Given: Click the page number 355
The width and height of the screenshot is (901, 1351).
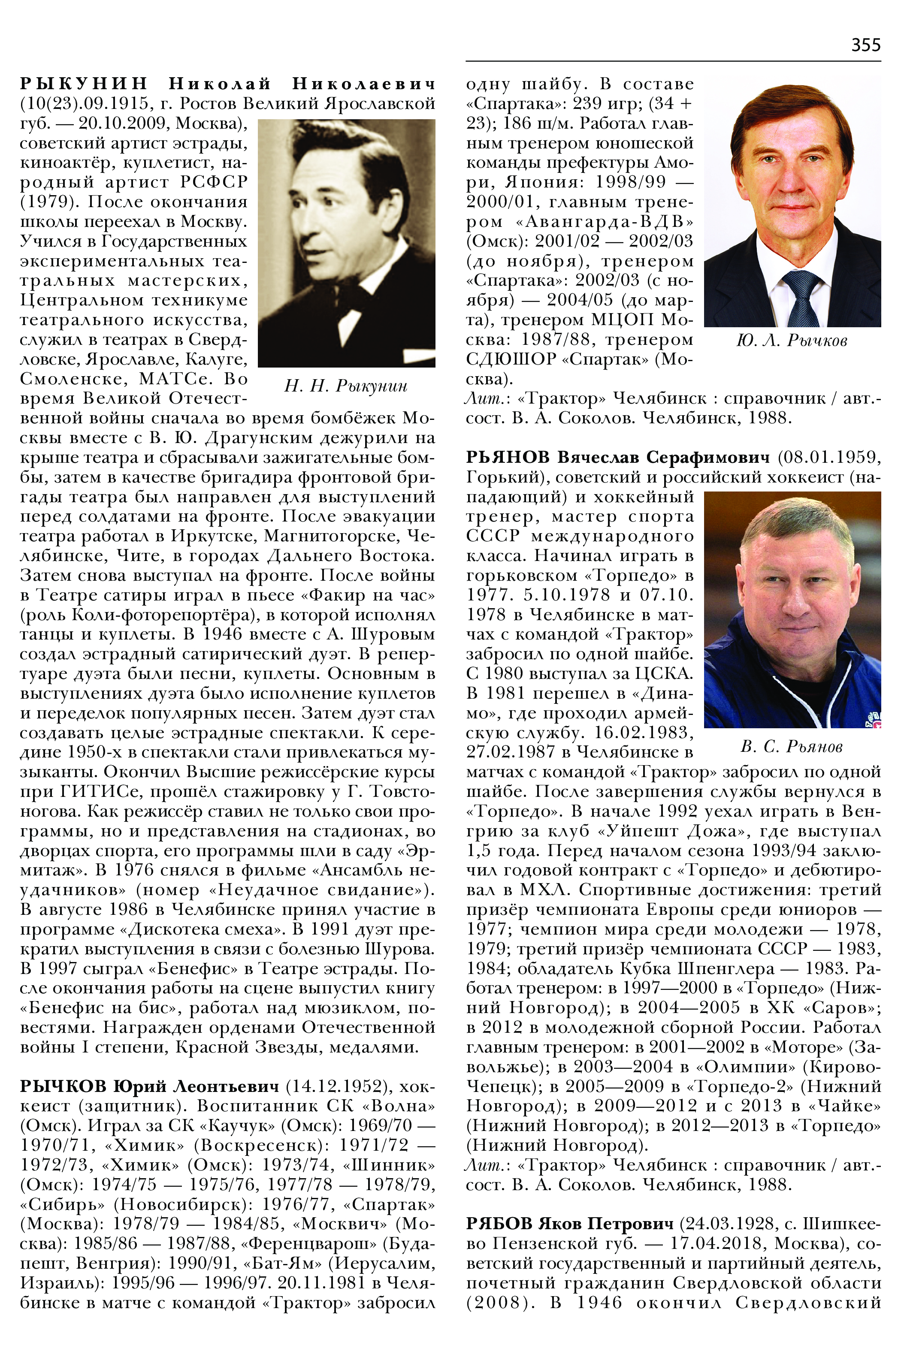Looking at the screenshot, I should pos(865,45).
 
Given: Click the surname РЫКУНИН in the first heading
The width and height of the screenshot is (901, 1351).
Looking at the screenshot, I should pos(84,84).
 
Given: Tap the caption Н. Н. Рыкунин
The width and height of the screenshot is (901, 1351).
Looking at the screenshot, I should pos(346,386).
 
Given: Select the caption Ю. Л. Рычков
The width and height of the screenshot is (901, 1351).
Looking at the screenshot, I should pos(791,341).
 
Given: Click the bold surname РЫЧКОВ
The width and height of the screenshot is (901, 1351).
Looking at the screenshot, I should pos(63,1086).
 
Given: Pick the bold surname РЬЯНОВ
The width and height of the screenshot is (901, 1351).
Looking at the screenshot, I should pos(508,457).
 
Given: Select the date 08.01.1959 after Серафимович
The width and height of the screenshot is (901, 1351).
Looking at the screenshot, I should pos(828,457).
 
